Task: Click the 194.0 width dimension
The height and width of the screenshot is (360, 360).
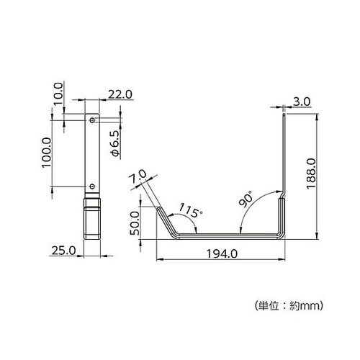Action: [x=222, y=253]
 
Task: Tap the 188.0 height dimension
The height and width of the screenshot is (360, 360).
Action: [x=311, y=173]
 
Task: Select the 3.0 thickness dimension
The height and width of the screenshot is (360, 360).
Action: [x=302, y=102]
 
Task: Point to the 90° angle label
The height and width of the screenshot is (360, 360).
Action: [x=246, y=199]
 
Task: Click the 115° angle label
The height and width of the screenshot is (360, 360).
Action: [x=190, y=210]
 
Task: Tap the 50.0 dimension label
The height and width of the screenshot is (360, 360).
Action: [x=135, y=223]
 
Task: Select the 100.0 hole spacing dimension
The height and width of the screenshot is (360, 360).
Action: [x=47, y=153]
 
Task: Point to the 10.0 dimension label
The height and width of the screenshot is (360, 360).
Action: [x=58, y=94]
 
